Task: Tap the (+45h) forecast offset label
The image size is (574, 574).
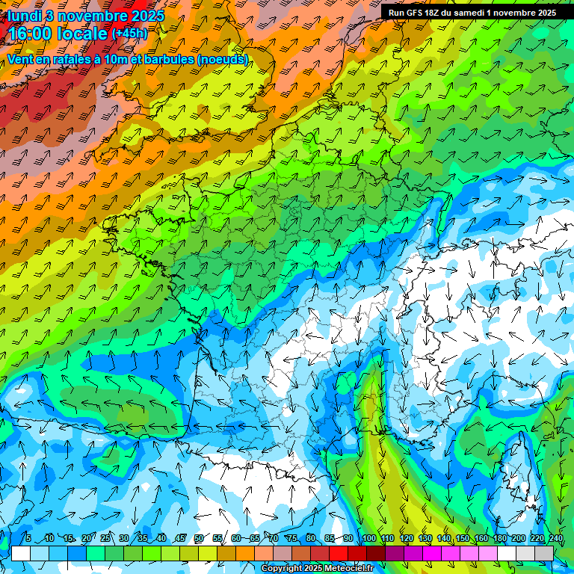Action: (129, 34)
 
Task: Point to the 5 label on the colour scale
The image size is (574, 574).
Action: (28, 539)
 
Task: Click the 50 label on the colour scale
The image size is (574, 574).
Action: (199, 539)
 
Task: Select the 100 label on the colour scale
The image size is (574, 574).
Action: (368, 539)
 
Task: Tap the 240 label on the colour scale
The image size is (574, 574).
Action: (556, 539)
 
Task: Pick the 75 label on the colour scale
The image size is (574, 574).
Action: (292, 539)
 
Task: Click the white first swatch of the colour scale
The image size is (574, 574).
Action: (21, 553)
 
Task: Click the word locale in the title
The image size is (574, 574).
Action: (81, 34)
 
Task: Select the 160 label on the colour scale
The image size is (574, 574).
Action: (481, 539)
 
